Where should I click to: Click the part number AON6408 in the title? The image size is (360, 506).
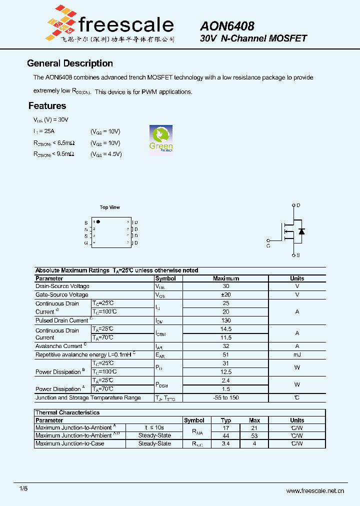pos(227,26)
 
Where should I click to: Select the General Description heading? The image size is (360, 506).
pos(70,63)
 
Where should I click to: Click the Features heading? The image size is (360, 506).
pos(47,105)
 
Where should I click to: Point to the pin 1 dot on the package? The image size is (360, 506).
pos(98,221)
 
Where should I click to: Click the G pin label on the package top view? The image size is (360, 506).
pos(86,242)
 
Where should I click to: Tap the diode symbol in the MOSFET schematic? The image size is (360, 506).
pos(301,231)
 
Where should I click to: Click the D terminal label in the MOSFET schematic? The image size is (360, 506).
pos(298,205)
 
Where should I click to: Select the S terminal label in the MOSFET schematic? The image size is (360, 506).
pos(298,255)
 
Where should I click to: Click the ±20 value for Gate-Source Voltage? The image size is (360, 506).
pos(226,295)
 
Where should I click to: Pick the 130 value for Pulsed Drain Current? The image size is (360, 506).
pos(226,320)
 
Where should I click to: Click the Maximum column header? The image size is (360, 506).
pos(226,278)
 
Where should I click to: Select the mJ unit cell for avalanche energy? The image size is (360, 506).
pos(297,354)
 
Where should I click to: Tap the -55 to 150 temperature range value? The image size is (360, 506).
pos(226,398)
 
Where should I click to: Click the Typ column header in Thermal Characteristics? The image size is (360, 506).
pos(226,420)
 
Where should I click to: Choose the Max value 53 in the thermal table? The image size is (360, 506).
pos(254,435)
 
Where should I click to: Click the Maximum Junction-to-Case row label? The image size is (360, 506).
pos(70,443)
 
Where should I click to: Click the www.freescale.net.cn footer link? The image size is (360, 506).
pos(315,490)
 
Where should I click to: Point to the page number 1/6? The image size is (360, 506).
pos(23,488)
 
